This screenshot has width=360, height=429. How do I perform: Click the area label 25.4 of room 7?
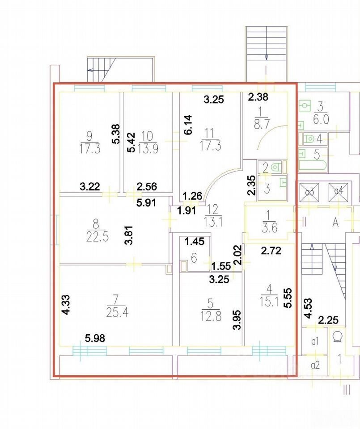[x=117, y=312]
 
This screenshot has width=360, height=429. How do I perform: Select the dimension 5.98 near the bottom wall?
[x=95, y=338]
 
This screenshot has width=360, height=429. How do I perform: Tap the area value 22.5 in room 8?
[x=97, y=237]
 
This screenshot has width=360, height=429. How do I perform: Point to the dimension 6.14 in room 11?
[x=188, y=125]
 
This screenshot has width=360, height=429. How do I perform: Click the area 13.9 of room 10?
[x=148, y=149]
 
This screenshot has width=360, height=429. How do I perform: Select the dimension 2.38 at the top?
[x=258, y=97]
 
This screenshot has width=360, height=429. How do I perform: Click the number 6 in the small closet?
[x=194, y=258]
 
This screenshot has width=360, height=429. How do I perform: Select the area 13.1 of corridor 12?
[x=213, y=222]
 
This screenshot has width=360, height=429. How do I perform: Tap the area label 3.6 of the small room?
[x=270, y=227]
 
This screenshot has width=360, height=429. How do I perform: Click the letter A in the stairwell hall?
[x=336, y=223]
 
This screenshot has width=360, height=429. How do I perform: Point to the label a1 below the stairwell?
[x=315, y=341]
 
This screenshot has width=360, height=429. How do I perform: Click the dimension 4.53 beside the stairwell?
[x=308, y=308]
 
